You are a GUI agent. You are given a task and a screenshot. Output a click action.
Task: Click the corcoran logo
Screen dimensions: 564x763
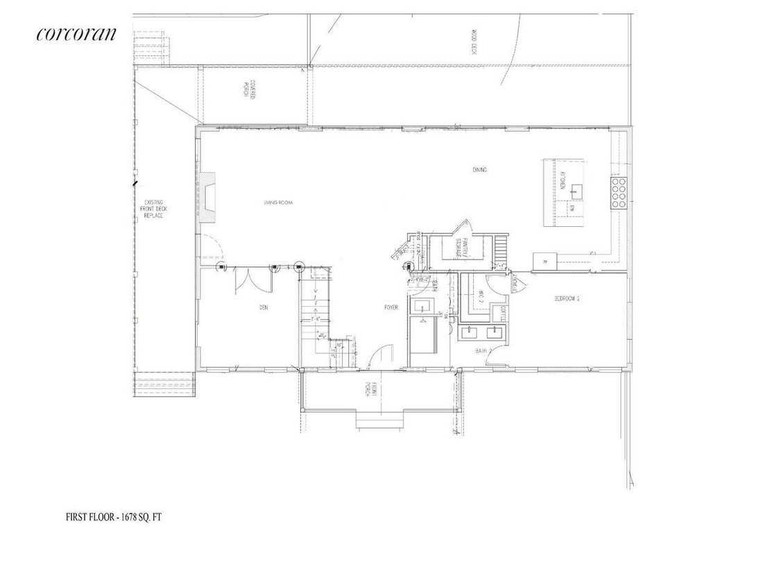[x=76, y=35]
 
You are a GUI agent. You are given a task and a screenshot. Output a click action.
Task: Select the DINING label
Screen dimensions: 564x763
[x=478, y=170]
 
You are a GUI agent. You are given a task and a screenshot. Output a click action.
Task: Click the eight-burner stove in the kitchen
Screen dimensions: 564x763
[x=619, y=194]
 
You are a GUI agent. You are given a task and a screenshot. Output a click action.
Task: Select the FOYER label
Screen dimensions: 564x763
[x=391, y=307]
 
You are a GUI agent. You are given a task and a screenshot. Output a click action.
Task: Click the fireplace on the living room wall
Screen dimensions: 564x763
[x=208, y=198]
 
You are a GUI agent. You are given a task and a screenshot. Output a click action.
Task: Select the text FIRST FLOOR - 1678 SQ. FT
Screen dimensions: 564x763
[x=114, y=517]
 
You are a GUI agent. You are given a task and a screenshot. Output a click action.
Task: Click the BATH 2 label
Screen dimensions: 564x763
[x=483, y=350]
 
